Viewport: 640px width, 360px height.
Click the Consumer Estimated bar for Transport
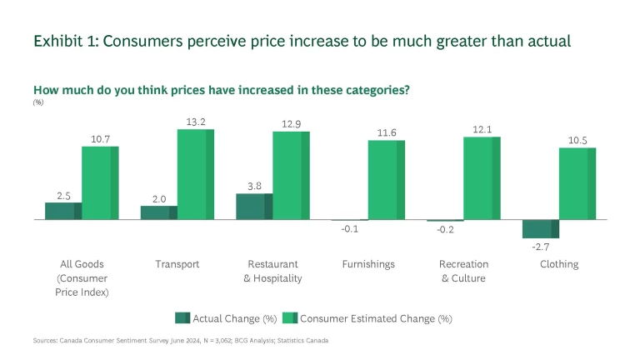click(x=195, y=174)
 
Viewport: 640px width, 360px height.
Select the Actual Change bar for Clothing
click(x=540, y=229)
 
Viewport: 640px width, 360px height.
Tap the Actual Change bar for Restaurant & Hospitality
click(x=254, y=207)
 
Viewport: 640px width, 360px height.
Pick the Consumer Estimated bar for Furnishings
click(x=386, y=180)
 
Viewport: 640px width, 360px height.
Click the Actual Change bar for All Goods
click(x=63, y=211)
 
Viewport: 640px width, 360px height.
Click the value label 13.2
click(x=196, y=121)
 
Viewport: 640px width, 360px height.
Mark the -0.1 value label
click(x=350, y=229)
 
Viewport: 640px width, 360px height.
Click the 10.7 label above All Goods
click(x=100, y=138)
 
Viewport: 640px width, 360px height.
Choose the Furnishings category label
click(x=368, y=264)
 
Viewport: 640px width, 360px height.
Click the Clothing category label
click(x=558, y=264)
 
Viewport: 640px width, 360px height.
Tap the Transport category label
click(x=177, y=264)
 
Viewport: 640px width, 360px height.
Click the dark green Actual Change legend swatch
click(x=182, y=317)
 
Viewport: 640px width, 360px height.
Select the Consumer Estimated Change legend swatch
click(x=290, y=317)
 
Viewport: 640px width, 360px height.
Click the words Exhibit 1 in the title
click(x=62, y=42)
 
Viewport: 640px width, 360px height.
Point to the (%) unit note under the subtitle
click(x=38, y=102)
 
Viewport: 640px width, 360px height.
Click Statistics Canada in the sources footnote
click(x=305, y=340)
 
